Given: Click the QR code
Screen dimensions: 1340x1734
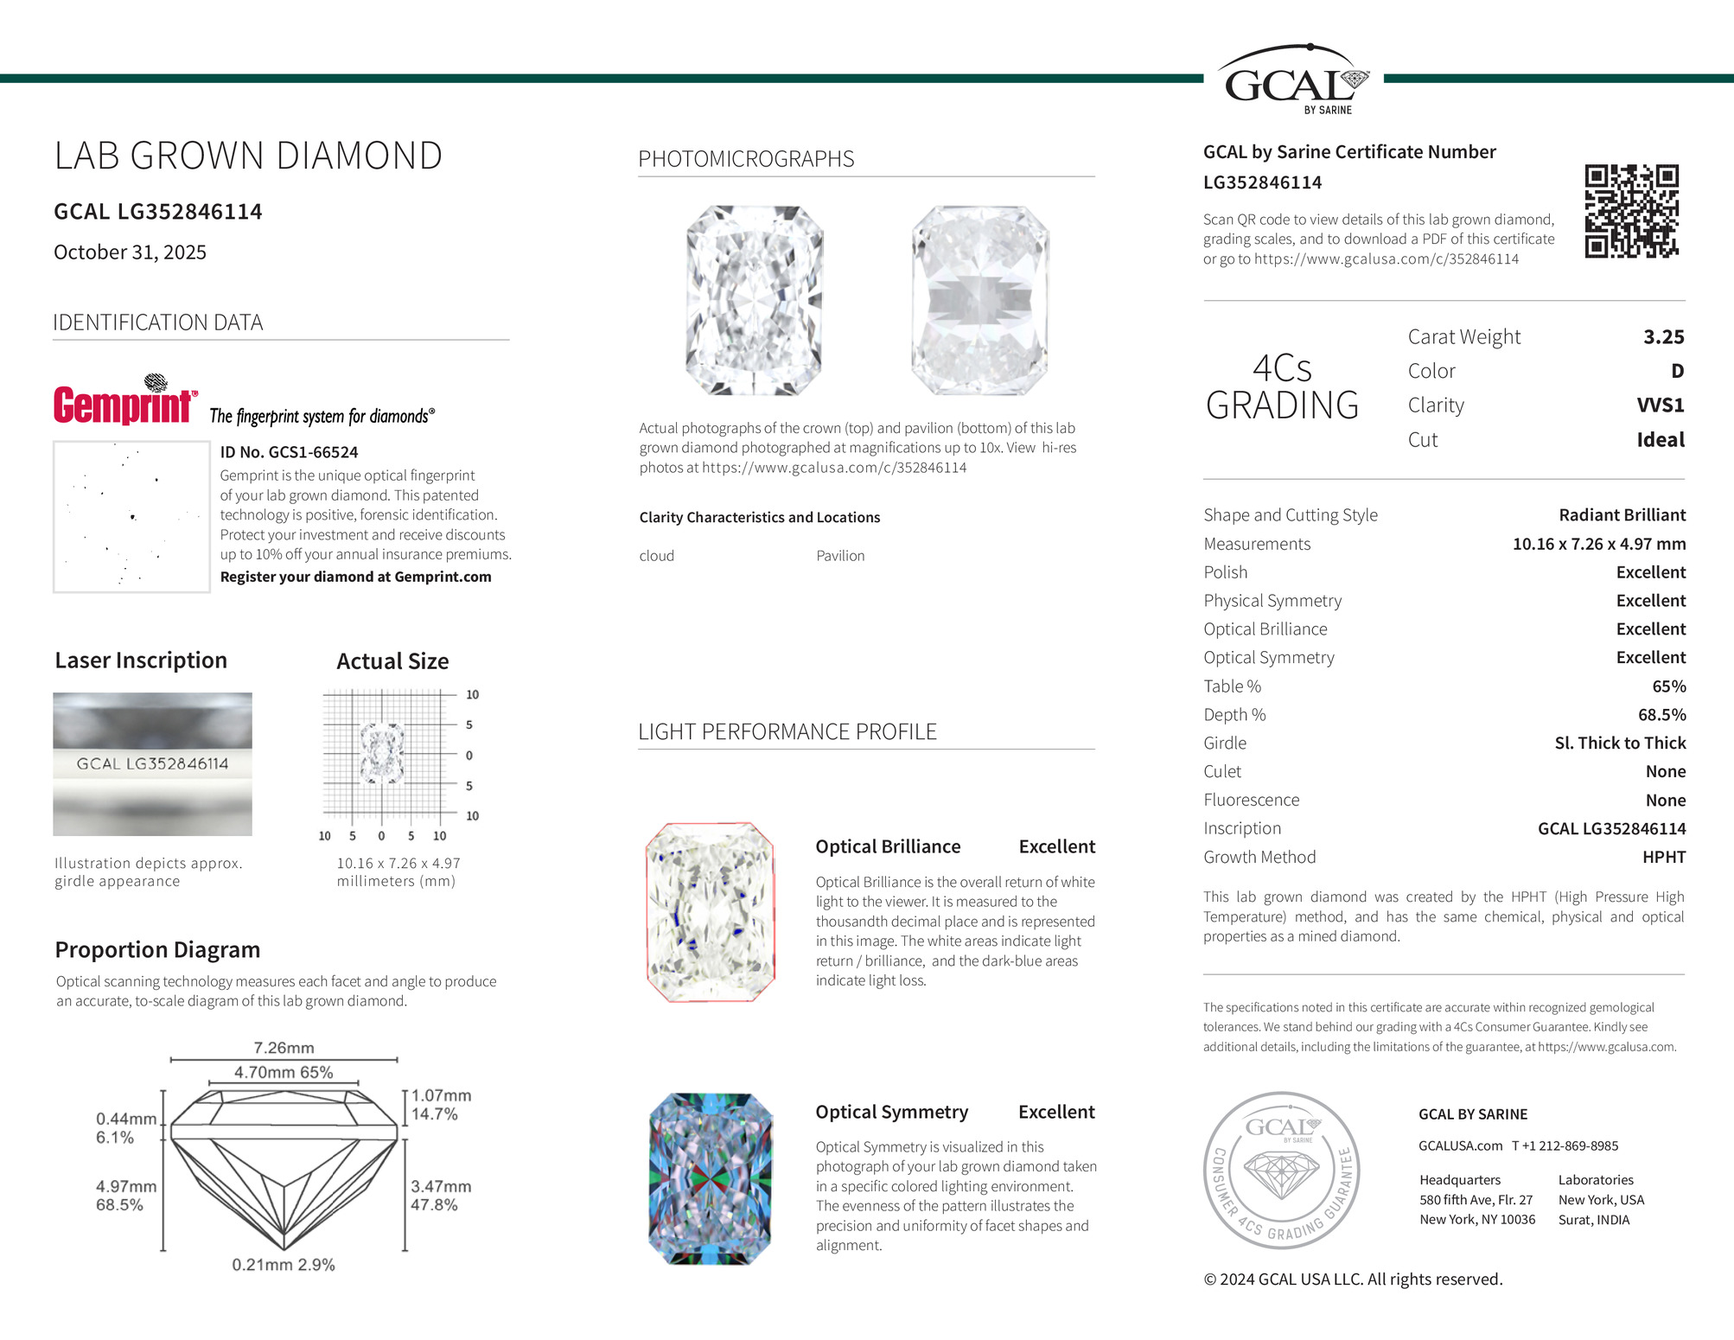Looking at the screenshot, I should (1631, 211).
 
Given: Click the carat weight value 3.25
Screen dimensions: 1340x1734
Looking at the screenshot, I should (1663, 337).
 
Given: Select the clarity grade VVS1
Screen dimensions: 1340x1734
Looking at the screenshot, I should (1660, 405).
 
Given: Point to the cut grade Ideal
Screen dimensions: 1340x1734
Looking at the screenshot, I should (1660, 440).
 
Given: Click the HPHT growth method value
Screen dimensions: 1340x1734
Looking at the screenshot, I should (1663, 858).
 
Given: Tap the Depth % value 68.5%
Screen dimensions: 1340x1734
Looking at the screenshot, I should (1661, 715).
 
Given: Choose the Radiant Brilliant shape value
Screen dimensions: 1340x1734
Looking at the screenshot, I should (1622, 515).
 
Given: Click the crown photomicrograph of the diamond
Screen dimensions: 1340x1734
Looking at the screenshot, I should (754, 301).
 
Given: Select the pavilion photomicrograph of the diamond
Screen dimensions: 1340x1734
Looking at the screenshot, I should (979, 301).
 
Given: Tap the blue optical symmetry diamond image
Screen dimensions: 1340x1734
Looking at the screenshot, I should (710, 1179).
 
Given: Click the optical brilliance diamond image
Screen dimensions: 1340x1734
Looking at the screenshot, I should (710, 913).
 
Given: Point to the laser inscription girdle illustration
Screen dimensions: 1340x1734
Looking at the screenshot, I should (152, 764).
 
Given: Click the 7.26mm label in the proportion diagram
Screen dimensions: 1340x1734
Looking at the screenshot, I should (284, 1048).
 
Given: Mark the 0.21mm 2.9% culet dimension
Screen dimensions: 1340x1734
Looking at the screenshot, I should (284, 1265).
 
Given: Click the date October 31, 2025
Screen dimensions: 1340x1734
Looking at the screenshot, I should (130, 252).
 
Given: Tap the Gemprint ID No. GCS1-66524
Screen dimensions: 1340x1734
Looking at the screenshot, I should (289, 452).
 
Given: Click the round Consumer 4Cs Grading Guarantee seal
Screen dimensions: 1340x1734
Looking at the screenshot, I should (1281, 1171).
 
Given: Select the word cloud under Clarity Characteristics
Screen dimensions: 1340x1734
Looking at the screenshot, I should (656, 556).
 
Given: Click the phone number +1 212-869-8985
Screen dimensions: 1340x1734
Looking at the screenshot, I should (1565, 1146).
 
